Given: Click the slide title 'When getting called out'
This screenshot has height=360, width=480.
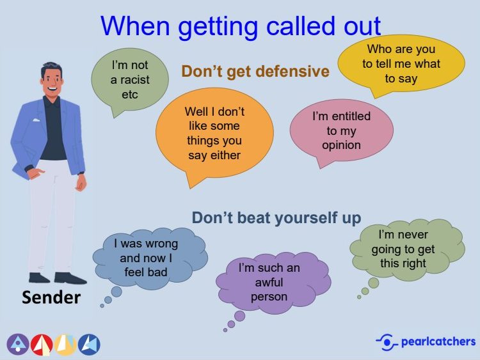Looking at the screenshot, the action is pyautogui.click(x=241, y=26).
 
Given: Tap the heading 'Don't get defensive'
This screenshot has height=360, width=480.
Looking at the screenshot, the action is pyautogui.click(x=255, y=71).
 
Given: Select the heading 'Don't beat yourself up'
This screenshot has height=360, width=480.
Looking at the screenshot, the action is pyautogui.click(x=276, y=218).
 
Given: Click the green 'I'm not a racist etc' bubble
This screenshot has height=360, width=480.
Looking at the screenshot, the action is pyautogui.click(x=130, y=79).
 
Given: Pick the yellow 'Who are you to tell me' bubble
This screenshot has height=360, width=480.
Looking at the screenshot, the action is pyautogui.click(x=401, y=63).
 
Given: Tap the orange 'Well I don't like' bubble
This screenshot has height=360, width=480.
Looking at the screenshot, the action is pyautogui.click(x=214, y=134).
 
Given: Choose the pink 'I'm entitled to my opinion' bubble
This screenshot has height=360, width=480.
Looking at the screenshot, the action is pyautogui.click(x=341, y=130).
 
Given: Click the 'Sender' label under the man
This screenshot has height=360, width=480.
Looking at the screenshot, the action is pyautogui.click(x=51, y=297).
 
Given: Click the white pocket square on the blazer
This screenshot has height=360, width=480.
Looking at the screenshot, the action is pyautogui.click(x=36, y=120).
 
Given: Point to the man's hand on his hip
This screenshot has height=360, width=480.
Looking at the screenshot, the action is pyautogui.click(x=35, y=173).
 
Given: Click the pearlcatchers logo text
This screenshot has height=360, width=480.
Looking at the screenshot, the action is pyautogui.click(x=438, y=341).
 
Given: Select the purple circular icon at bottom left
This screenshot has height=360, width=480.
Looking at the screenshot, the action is pyautogui.click(x=18, y=345).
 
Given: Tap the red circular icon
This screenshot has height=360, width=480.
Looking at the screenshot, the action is pyautogui.click(x=42, y=345).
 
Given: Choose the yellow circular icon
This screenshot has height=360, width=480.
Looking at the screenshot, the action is pyautogui.click(x=65, y=345).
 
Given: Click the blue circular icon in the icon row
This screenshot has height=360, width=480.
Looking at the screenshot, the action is pyautogui.click(x=89, y=345).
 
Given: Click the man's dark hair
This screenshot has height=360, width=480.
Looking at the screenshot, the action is pyautogui.click(x=51, y=68).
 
